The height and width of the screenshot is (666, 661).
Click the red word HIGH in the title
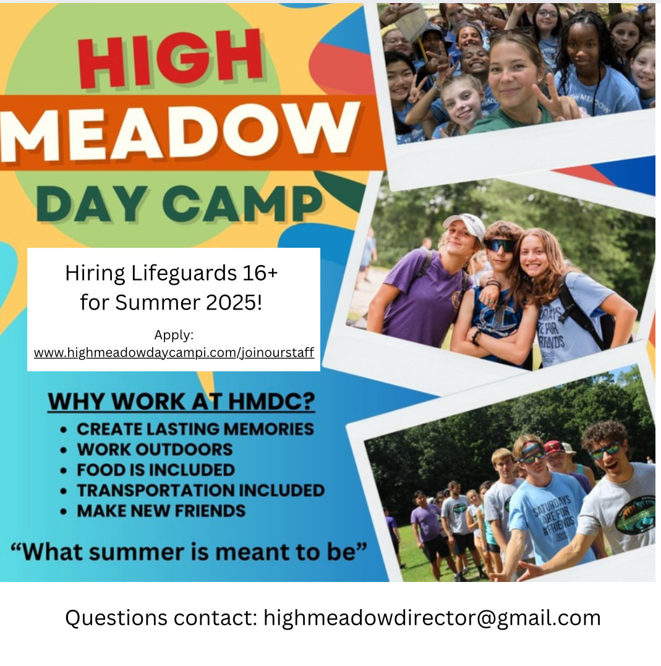click(x=170, y=59)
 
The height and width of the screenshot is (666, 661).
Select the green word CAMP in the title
click(x=243, y=203)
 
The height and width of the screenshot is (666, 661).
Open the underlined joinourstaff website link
click(x=174, y=353)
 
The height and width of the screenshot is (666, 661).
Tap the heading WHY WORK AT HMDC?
click(x=182, y=402)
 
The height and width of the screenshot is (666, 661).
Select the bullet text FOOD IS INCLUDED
click(x=156, y=470)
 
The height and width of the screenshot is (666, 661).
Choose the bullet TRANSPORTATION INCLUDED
click(x=200, y=490)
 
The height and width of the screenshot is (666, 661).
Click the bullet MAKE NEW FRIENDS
click(x=161, y=510)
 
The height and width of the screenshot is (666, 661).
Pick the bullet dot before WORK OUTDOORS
click(x=63, y=450)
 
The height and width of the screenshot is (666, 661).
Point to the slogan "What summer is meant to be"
click(x=189, y=552)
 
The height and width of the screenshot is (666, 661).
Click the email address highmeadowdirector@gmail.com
click(x=432, y=618)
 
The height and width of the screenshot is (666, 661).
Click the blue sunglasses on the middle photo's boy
click(x=500, y=245)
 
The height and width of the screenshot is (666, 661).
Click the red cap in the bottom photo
click(x=555, y=447)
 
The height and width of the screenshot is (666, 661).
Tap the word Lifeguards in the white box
click(x=184, y=273)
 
